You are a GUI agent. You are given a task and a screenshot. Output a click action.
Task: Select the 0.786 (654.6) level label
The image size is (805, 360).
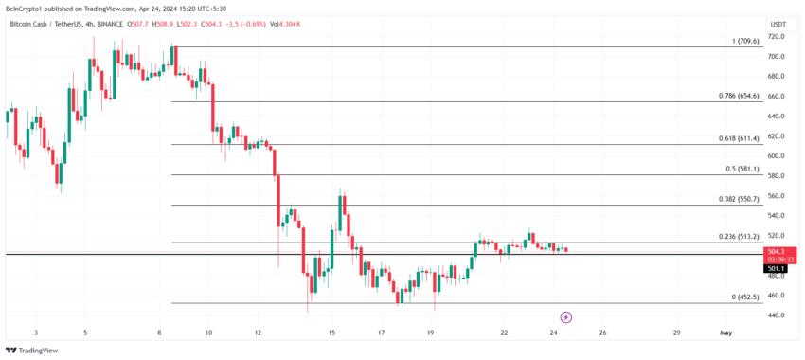[740, 96]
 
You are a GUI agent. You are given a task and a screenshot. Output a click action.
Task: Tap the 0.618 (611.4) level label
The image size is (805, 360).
[740, 138]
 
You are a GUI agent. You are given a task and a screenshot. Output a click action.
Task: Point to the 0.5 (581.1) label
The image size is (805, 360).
[742, 169]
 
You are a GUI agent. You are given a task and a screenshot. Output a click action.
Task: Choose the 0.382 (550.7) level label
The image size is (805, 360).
[740, 200]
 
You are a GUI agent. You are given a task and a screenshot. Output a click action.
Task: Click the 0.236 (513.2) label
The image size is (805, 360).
[740, 236]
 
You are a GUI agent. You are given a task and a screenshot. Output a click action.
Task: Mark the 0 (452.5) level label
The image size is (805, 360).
[745, 297]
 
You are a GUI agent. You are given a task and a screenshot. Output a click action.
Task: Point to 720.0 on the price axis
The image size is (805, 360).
[777, 36]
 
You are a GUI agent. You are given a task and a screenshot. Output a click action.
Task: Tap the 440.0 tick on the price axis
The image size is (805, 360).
[777, 315]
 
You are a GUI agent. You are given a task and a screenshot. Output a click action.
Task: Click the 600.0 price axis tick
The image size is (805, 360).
[777, 155]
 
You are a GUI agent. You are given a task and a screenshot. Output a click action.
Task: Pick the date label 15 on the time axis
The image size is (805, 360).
[331, 333]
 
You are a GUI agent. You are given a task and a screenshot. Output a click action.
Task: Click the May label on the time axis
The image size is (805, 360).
[726, 333]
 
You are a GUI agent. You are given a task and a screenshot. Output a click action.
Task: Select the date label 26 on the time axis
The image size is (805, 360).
[602, 333]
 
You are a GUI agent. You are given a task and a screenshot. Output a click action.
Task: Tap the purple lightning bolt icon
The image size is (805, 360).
[566, 317]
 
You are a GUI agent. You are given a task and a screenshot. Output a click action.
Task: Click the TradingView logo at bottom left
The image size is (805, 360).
[32, 351]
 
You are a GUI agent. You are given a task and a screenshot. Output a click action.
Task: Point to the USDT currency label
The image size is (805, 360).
[778, 24]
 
